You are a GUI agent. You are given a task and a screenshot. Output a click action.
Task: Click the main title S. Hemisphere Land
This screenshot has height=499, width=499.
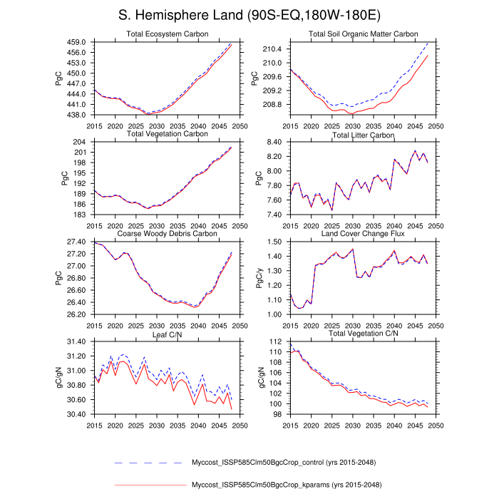pos(249,16)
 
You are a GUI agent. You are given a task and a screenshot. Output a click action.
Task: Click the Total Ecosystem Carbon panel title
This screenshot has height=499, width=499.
pos(167,34)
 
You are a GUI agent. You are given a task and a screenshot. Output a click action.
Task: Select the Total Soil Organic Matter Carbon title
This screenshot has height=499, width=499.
pos(363,34)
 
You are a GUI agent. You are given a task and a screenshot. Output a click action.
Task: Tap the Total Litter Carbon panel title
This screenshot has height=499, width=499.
pos(363,135)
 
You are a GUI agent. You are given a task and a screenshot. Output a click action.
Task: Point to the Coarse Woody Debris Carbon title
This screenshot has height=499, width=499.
pos(167,234)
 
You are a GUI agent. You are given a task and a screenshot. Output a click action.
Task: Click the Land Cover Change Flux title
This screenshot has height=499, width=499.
pos(363,234)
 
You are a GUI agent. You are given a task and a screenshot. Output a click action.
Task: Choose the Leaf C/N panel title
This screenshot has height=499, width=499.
pos(167,334)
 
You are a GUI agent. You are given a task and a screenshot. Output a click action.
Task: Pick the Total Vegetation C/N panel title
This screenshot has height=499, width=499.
pos(363,334)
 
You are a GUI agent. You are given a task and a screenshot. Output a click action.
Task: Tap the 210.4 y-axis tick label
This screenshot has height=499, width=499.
pos(274,49)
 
